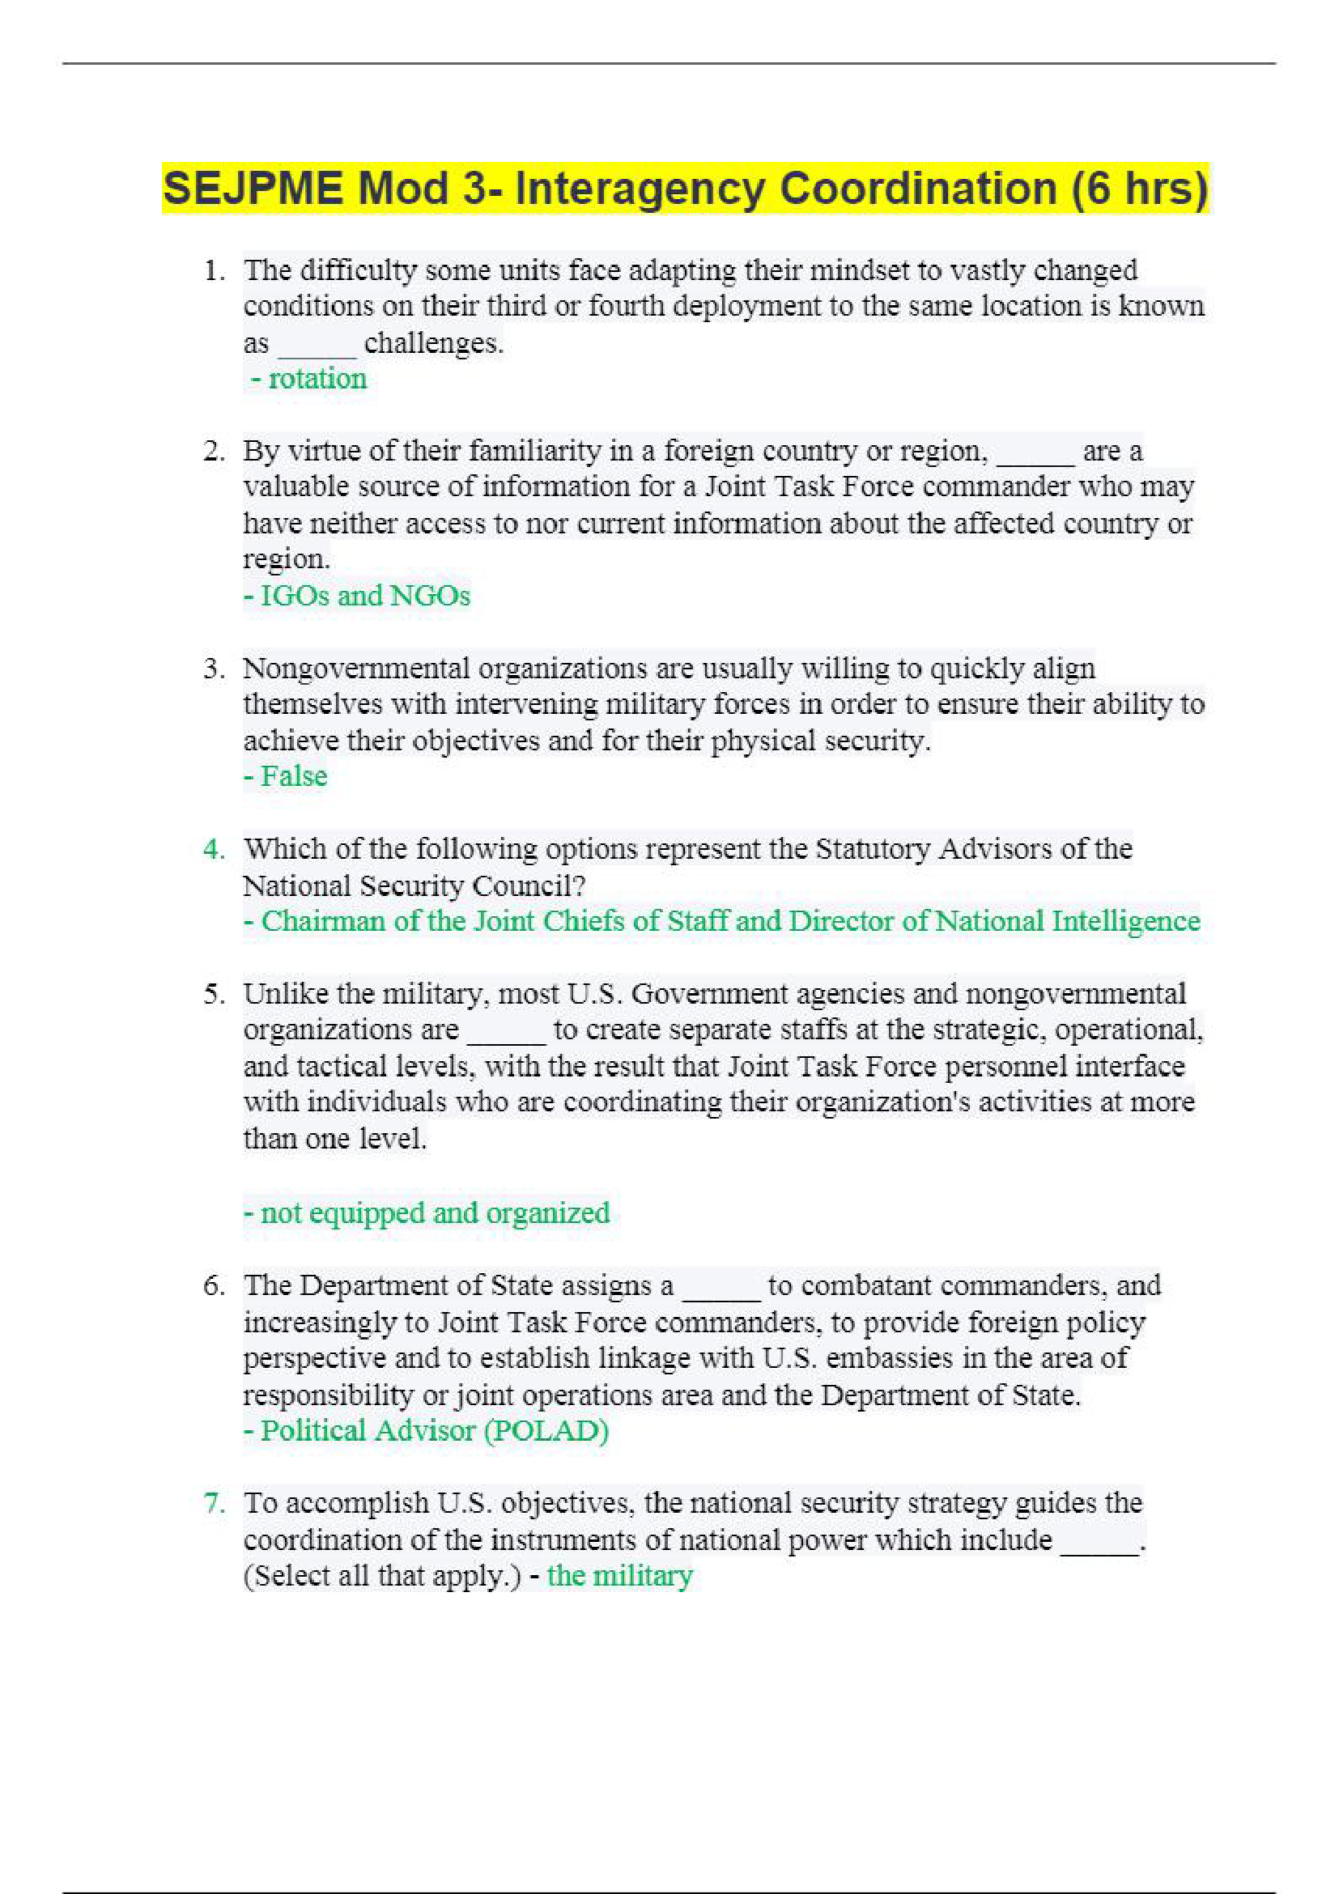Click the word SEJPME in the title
(253, 188)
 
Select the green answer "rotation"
(317, 379)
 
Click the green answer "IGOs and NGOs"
(364, 596)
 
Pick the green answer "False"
(293, 776)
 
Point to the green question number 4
(214, 849)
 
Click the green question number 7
(214, 1503)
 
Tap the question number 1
(214, 270)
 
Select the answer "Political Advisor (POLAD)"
(434, 1430)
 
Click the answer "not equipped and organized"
(434, 1212)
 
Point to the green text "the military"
(619, 1576)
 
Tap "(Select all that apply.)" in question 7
(382, 1576)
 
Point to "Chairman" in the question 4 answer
(322, 921)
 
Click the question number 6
(214, 1285)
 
